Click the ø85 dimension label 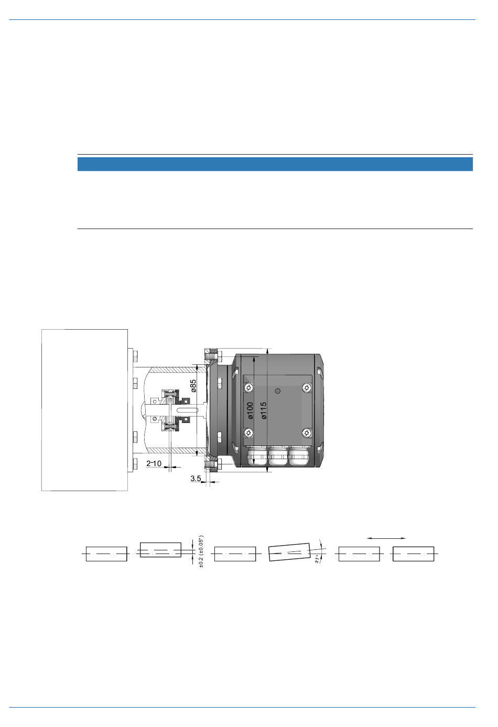[193, 386]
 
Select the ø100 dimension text [250, 410]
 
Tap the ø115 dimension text [264, 410]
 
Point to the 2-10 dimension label [154, 463]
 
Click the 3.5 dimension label [196, 479]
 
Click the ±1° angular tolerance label [318, 559]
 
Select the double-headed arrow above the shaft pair [386, 538]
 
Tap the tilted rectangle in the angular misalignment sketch [289, 552]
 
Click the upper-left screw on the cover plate [249, 387]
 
